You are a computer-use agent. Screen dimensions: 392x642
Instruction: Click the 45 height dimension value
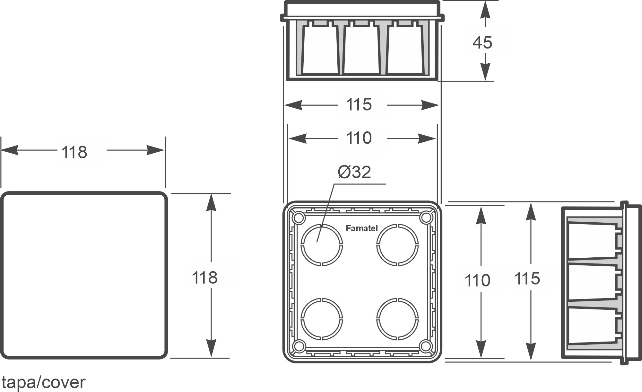[482, 42]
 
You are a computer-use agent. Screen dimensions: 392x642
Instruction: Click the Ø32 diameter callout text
[354, 172]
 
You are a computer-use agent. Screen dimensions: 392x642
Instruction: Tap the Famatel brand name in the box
[361, 228]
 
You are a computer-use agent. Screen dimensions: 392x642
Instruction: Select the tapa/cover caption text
[43, 382]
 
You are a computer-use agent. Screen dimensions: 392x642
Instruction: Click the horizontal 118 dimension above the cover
[74, 152]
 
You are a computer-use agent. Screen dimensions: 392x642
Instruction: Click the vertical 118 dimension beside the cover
[204, 277]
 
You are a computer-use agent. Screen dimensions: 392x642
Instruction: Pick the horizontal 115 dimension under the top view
[359, 105]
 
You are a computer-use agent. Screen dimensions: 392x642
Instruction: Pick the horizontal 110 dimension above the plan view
[359, 138]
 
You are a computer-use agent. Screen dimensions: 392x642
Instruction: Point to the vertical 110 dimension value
[477, 281]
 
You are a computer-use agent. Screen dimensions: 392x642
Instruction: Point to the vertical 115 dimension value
[527, 279]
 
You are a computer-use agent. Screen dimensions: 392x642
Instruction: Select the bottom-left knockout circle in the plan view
[322, 319]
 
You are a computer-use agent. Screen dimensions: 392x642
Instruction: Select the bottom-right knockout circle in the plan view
[398, 319]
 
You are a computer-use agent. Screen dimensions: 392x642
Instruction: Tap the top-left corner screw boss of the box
[299, 218]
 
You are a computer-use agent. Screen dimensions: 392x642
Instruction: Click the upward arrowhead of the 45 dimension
[485, 10]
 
